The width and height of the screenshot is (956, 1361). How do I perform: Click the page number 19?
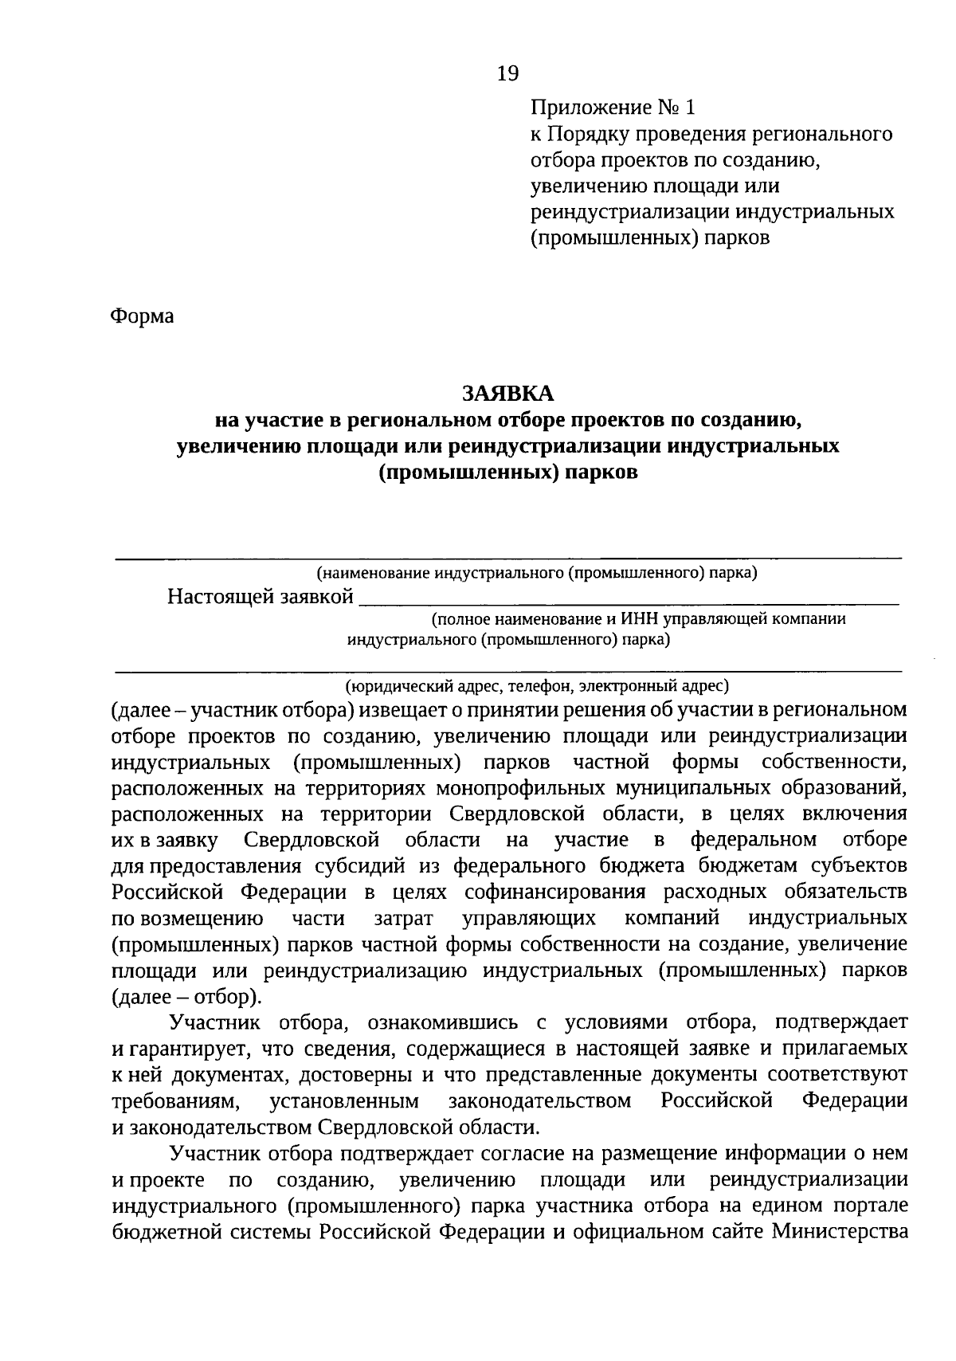point(507,74)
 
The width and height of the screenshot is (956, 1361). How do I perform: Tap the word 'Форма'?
point(142,316)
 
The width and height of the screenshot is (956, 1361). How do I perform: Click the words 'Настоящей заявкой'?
point(261,597)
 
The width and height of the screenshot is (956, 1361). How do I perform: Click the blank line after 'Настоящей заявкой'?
point(629,599)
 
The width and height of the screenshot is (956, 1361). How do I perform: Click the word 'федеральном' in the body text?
point(753,840)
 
